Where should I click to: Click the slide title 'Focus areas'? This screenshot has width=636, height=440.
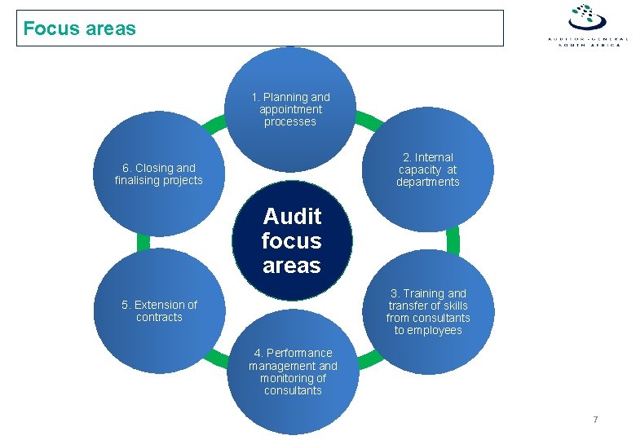[x=79, y=29]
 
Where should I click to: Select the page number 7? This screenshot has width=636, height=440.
[x=595, y=420]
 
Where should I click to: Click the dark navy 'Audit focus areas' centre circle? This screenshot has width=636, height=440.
[x=292, y=240]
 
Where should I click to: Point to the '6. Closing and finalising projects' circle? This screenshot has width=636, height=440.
[x=159, y=174]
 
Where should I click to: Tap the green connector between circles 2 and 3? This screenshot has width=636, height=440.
[x=453, y=240]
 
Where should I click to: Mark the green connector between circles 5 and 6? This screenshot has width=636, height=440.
[x=144, y=243]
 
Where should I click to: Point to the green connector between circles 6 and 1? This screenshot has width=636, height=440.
[x=214, y=125]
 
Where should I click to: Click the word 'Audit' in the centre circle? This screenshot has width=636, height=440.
[x=292, y=217]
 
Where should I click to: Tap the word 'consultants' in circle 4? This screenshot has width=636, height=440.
[x=293, y=390]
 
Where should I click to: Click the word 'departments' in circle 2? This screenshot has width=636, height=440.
[x=428, y=182]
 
